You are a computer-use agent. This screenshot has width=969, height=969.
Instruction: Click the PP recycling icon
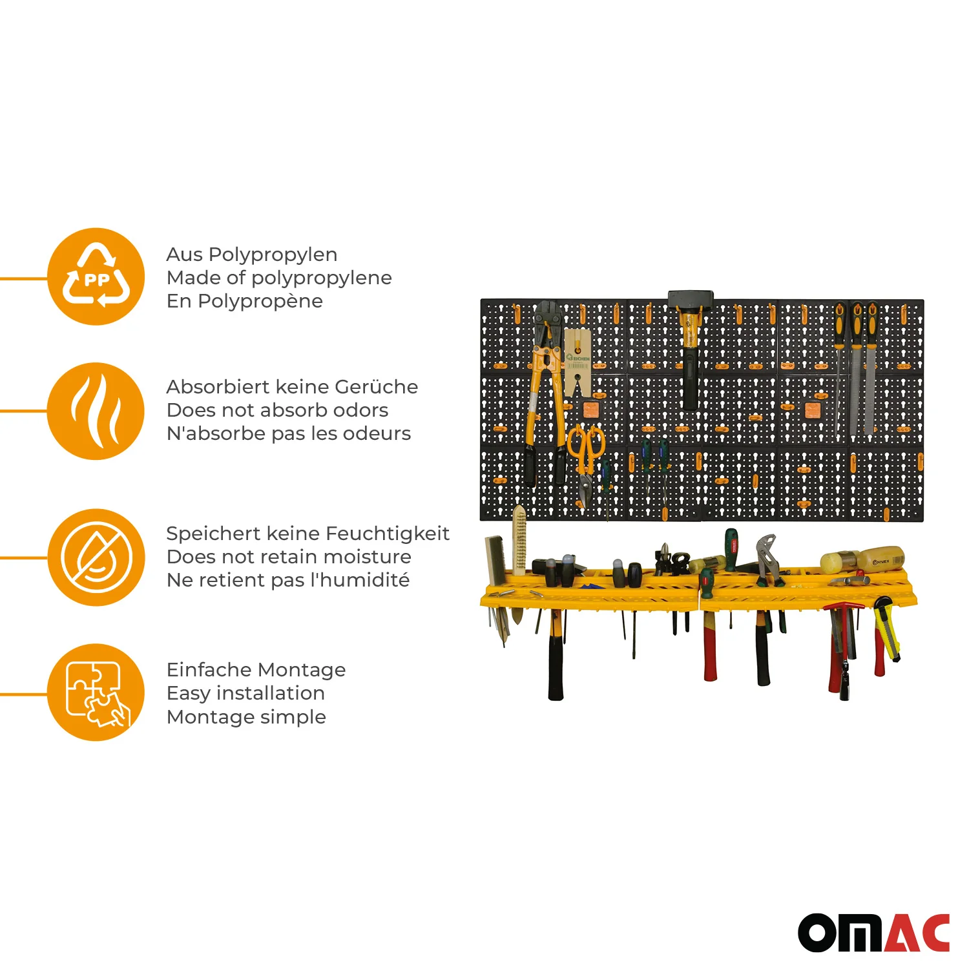coord(96,276)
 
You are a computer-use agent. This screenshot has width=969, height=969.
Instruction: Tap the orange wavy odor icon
coord(96,411)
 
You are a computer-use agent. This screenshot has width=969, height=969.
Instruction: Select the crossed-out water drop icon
coord(96,557)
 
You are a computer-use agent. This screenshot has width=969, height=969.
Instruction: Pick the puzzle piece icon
coord(96,692)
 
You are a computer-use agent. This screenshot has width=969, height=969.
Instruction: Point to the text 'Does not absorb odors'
coord(277,410)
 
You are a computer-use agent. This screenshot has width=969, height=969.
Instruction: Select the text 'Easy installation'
coord(245,693)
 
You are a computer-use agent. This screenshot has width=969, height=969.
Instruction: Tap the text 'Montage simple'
coord(246,717)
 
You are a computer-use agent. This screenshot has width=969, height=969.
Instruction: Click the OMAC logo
coord(873,933)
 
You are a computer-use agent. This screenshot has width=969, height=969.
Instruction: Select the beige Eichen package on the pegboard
coord(577,362)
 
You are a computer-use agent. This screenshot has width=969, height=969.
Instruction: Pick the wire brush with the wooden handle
coord(519,539)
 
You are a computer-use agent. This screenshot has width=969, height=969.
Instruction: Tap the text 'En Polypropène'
coord(244,301)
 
